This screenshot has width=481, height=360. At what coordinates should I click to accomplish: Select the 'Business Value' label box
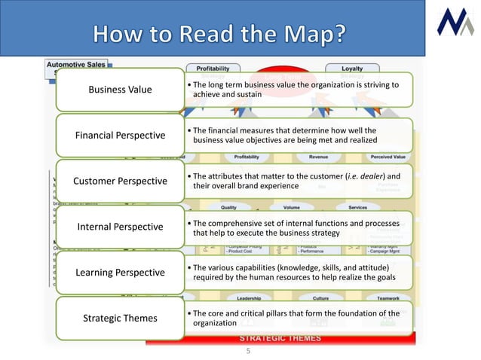click(120, 90)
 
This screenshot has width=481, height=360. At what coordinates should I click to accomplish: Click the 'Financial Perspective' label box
click(120, 136)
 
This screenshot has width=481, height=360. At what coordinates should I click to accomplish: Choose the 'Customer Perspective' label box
click(120, 181)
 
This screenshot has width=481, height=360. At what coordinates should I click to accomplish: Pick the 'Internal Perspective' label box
click(120, 227)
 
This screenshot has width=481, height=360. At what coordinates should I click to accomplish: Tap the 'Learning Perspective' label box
click(120, 272)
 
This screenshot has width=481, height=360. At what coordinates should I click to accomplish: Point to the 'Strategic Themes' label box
click(120, 318)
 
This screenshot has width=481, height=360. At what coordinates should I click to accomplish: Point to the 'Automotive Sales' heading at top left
click(75, 66)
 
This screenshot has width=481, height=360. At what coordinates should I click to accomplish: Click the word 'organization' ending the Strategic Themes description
click(216, 323)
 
